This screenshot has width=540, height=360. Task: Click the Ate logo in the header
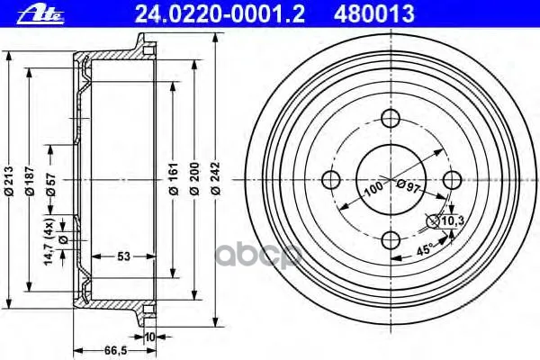[x=40, y=15]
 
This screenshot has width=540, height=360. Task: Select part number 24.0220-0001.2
[x=220, y=14]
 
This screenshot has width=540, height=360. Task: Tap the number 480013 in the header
[x=374, y=14]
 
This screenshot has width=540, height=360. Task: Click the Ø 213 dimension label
[x=9, y=181]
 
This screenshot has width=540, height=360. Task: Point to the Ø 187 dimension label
[x=30, y=181]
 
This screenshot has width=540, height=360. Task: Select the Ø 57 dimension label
[x=51, y=183]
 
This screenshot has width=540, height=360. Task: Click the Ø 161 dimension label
[x=174, y=179]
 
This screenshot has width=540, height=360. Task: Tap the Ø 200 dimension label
[x=195, y=179]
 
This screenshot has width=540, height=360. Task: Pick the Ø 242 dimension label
[x=216, y=179]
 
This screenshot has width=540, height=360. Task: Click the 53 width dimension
[x=123, y=256]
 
